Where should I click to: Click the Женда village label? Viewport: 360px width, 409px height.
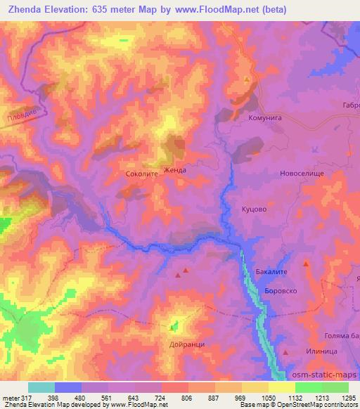point(174,170)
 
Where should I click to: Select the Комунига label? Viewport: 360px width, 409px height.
point(265,119)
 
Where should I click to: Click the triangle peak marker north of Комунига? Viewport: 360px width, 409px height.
point(247,79)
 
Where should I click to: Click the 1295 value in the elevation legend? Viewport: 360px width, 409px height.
point(349,398)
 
